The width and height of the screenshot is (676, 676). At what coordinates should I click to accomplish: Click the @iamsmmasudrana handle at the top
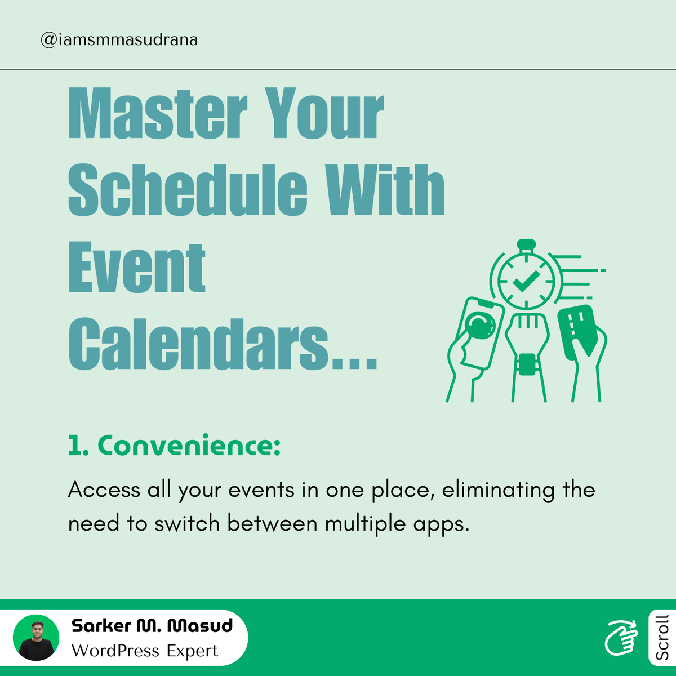click(119, 40)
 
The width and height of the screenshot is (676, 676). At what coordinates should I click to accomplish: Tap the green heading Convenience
click(189, 446)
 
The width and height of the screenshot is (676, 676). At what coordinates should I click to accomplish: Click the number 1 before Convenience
click(74, 446)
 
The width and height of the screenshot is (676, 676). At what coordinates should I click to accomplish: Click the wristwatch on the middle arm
click(527, 363)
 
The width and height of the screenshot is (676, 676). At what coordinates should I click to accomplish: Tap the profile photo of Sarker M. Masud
click(36, 638)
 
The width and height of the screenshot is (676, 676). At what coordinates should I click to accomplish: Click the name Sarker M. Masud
click(152, 626)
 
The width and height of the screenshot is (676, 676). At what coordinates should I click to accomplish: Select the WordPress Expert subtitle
click(145, 651)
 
